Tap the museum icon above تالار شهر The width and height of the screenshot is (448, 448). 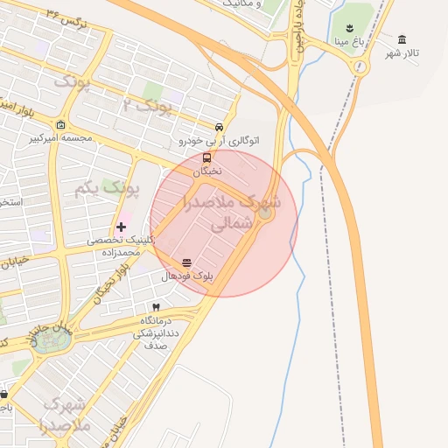point(402,39)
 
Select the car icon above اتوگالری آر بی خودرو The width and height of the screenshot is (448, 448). point(219,126)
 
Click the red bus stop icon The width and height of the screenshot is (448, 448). point(206,158)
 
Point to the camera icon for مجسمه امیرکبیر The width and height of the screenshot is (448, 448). point(59,124)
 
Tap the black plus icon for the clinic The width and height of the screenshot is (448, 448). point(121,227)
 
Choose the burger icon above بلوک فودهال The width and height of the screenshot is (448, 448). point(186,262)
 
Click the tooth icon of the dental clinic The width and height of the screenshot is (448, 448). point(156,307)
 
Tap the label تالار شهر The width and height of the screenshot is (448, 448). point(402,53)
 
